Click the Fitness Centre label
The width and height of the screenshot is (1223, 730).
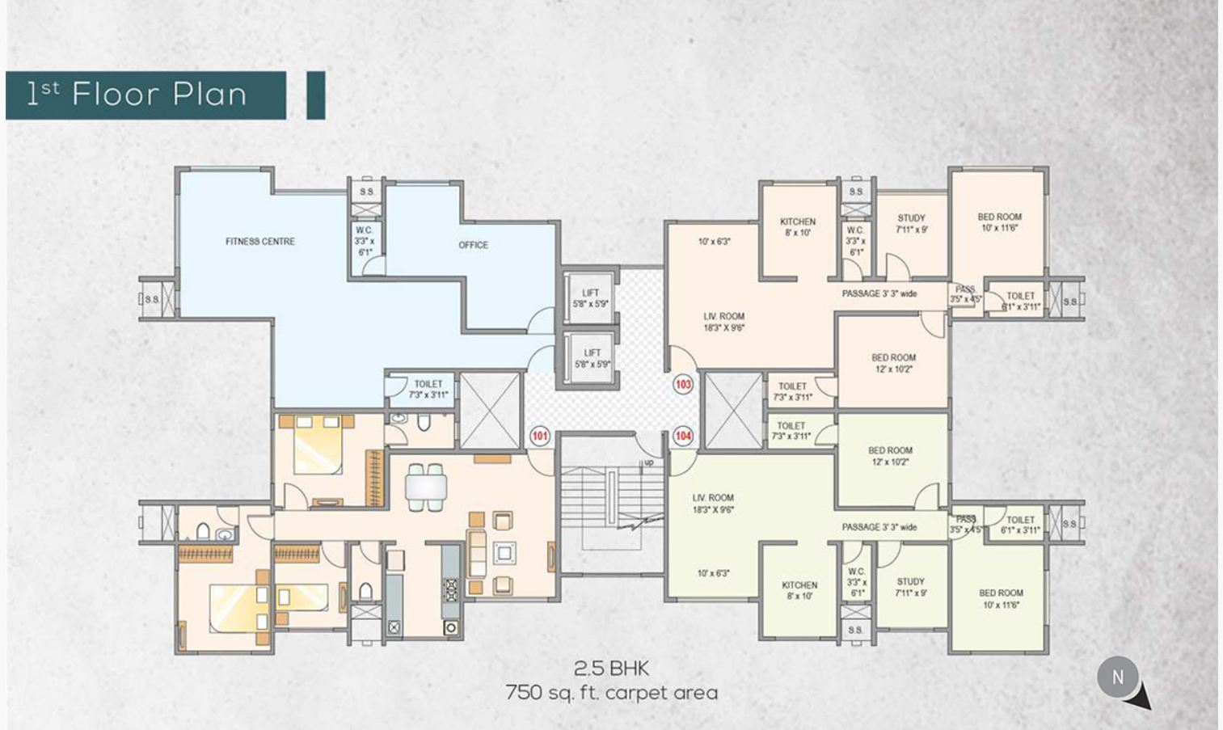click(x=259, y=241)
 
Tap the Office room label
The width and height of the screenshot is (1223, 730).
click(x=473, y=245)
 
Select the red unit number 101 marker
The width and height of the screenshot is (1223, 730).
click(x=539, y=437)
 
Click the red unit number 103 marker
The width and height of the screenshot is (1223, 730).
click(x=683, y=384)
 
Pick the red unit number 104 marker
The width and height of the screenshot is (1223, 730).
click(x=683, y=437)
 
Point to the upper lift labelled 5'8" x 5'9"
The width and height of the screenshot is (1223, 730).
click(x=590, y=298)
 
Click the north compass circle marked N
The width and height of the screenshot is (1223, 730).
click(x=1118, y=677)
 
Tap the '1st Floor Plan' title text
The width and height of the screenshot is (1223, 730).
click(x=137, y=95)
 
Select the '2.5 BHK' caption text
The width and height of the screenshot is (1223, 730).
click(x=611, y=669)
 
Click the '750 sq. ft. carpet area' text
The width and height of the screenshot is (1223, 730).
click(x=611, y=693)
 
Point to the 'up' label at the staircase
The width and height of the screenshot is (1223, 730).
click(x=648, y=463)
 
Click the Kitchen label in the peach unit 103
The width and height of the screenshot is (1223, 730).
click(x=798, y=226)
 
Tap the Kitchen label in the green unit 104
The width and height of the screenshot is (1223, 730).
click(x=799, y=590)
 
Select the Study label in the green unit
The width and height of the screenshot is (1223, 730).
click(x=911, y=587)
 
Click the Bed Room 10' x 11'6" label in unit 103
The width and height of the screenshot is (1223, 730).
click(x=999, y=222)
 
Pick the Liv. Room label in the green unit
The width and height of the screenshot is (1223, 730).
click(x=713, y=503)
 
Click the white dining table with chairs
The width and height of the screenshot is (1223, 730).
click(x=426, y=487)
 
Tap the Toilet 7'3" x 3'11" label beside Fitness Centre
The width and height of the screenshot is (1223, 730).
click(x=428, y=389)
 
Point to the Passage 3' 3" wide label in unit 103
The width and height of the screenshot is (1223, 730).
click(x=879, y=293)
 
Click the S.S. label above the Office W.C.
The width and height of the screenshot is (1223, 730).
click(x=367, y=192)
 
